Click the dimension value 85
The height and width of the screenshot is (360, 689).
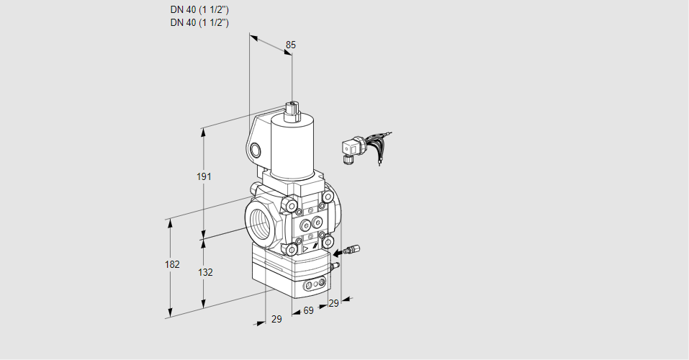290,45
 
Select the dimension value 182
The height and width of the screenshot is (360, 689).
171,264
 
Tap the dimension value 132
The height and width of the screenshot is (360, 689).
205,272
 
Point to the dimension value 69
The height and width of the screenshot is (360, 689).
308,310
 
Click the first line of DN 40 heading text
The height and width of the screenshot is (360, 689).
199,10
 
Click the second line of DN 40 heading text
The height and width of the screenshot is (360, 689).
199,22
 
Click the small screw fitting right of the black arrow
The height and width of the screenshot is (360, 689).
352,251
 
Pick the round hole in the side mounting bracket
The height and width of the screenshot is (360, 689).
254,150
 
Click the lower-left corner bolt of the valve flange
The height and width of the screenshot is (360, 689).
292,250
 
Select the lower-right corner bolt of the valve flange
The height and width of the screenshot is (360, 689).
329,242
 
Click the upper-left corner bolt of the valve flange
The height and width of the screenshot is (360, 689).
292,207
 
